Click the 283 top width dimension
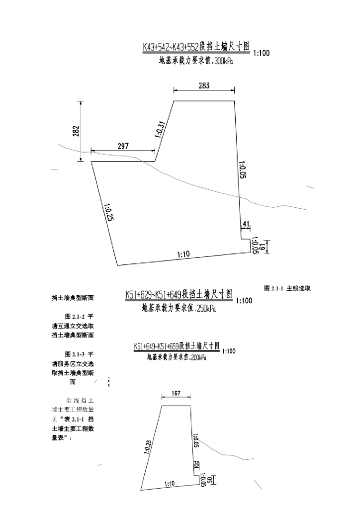(204, 85)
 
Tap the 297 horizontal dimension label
(123, 146)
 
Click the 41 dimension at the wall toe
(245, 225)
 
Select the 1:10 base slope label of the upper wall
(183, 254)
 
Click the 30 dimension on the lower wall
(196, 463)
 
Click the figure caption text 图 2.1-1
(273, 288)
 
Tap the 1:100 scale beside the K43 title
(262, 53)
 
